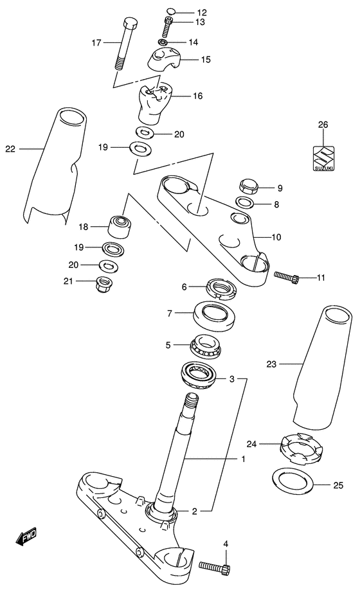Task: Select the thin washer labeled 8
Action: click(x=245, y=204)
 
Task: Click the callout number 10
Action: click(x=276, y=237)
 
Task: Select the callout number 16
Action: click(x=197, y=96)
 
